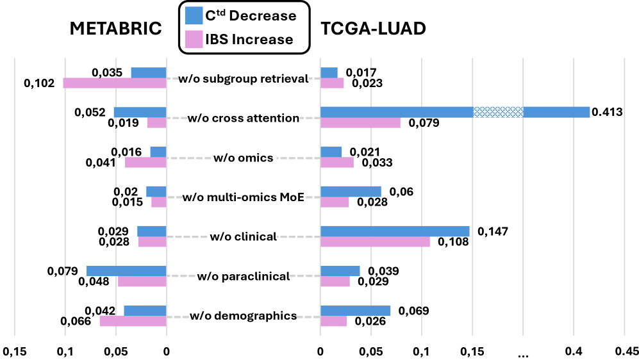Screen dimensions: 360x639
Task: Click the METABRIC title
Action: click(x=116, y=29)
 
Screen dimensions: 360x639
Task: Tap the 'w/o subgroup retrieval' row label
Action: click(x=243, y=79)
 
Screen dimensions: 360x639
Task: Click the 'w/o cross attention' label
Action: click(x=243, y=119)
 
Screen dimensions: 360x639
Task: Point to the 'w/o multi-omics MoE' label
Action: click(x=243, y=197)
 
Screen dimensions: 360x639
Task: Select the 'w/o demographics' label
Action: click(x=243, y=315)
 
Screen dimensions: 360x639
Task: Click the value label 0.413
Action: click(x=608, y=112)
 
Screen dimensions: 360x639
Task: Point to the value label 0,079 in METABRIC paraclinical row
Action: click(x=62, y=271)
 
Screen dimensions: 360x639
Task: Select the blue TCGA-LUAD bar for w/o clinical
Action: click(x=395, y=231)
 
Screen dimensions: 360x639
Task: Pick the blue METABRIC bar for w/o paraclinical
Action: click(x=126, y=271)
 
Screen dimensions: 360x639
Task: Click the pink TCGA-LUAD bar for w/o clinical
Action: click(x=375, y=241)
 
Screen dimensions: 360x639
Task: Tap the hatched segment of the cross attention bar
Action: click(x=498, y=112)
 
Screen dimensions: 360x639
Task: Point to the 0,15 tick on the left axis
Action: click(x=14, y=351)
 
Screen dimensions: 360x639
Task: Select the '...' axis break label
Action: click(x=523, y=352)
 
